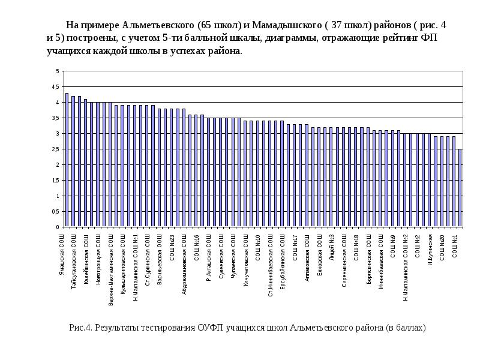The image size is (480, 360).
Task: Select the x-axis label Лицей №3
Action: tap(332, 248)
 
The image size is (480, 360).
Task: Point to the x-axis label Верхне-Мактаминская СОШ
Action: tap(110, 271)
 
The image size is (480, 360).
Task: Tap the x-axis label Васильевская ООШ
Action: tap(160, 257)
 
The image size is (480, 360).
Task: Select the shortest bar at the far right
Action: tap(460, 188)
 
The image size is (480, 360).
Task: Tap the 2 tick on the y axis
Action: tap(58, 165)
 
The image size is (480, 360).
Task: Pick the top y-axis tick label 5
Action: tap(58, 71)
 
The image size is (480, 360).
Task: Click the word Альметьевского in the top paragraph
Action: tap(159, 26)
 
